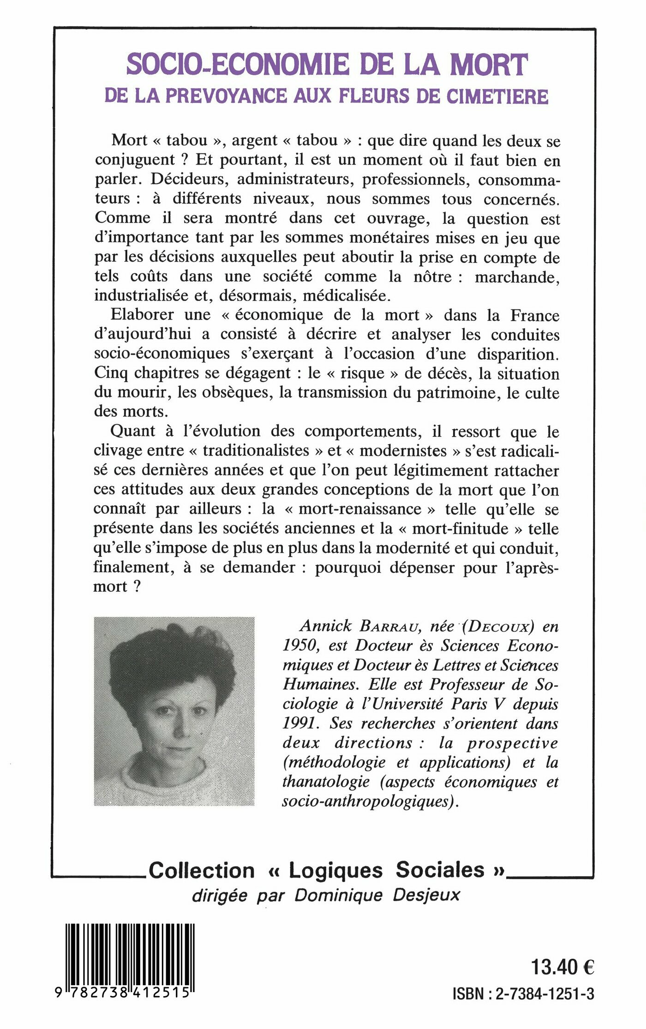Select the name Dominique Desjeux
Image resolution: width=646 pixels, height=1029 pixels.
[377, 895]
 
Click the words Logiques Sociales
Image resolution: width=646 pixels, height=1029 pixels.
[386, 870]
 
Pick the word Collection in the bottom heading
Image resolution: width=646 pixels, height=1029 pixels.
[202, 871]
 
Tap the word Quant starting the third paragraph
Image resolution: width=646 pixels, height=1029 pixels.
[133, 431]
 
